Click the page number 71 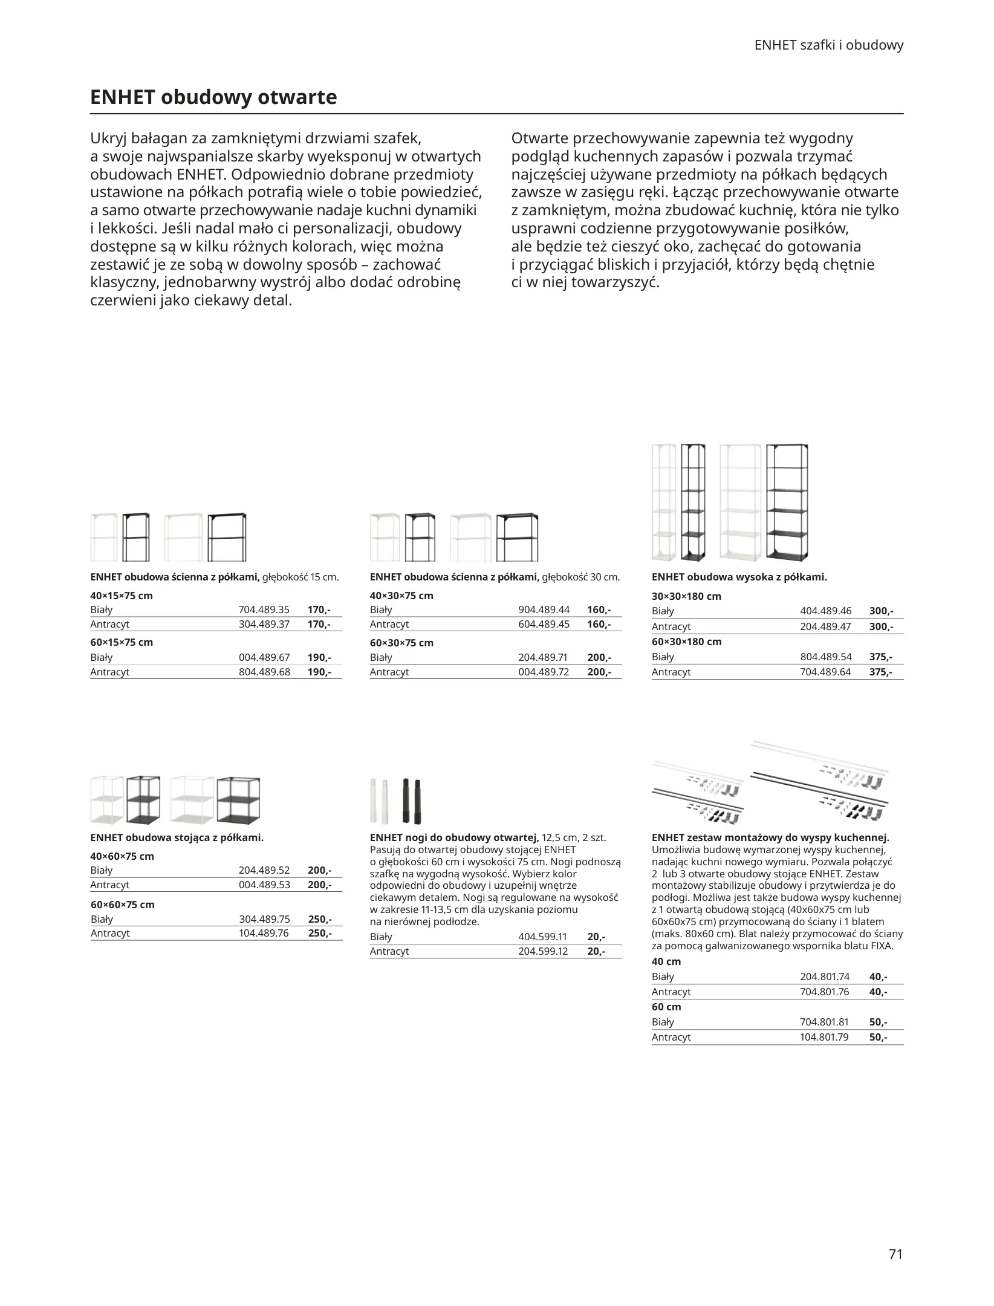tap(895, 1253)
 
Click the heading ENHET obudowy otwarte tap(213, 97)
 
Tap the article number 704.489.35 tap(264, 609)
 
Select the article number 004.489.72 tap(544, 672)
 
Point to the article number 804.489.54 tap(825, 657)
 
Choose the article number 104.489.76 tap(264, 933)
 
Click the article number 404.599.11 tap(542, 937)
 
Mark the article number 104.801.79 tap(824, 1037)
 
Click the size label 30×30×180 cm tap(686, 596)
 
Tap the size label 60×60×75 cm tap(123, 905)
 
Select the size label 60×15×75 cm tap(122, 642)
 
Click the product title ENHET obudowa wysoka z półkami tap(739, 577)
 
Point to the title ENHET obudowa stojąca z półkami tap(177, 837)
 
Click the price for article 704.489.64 tap(880, 672)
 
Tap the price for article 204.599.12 tap(596, 951)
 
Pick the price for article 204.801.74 tap(878, 976)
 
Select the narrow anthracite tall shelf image tap(693, 502)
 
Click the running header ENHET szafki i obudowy tap(829, 45)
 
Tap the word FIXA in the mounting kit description tap(881, 946)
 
